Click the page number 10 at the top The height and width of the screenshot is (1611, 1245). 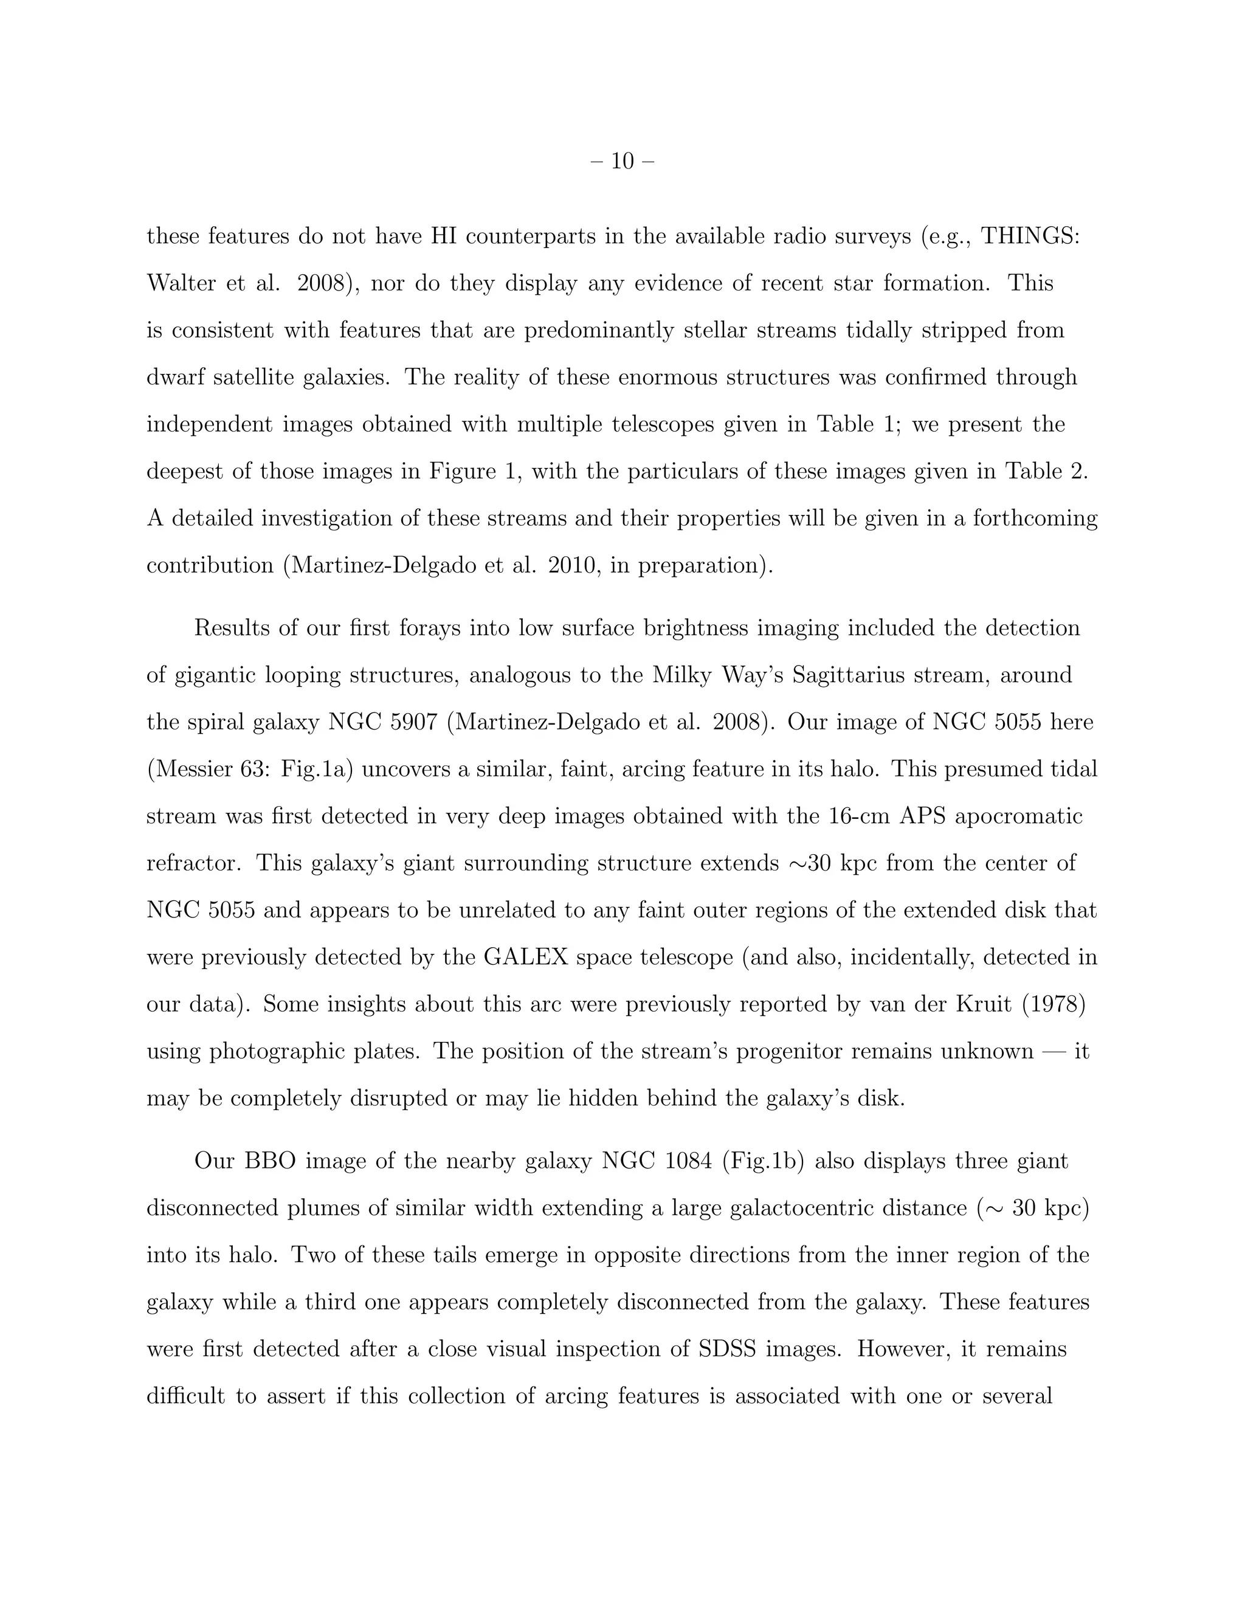click(622, 161)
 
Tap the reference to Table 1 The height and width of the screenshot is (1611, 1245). click(854, 424)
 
